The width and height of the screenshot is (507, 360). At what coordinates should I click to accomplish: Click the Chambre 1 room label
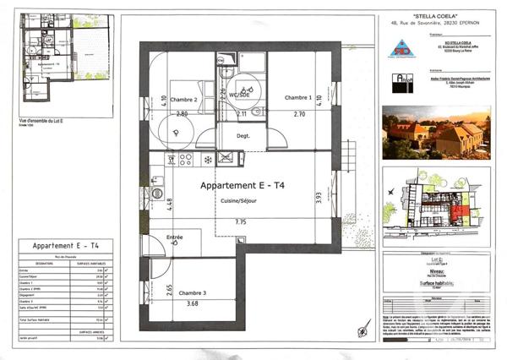click(x=297, y=97)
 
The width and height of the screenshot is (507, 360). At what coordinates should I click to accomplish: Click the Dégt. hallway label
click(x=243, y=135)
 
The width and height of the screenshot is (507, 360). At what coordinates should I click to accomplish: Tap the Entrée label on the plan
click(x=175, y=237)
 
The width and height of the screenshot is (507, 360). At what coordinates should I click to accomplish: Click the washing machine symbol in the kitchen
click(x=156, y=193)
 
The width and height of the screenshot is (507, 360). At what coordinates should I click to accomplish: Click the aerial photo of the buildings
click(x=434, y=132)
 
